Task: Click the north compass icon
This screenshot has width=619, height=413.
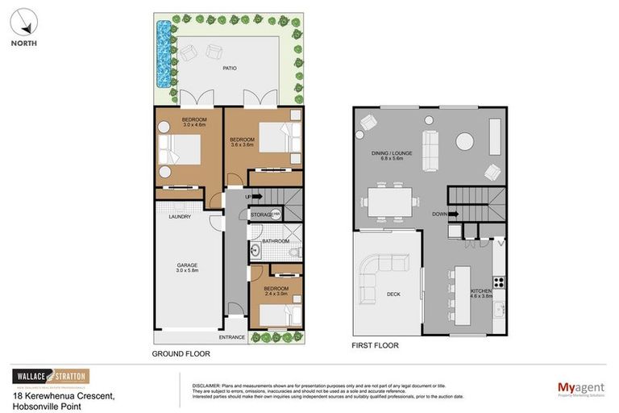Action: pyautogui.click(x=24, y=22)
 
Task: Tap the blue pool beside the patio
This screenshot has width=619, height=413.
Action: pyautogui.click(x=165, y=55)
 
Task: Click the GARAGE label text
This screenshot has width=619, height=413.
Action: pyautogui.click(x=187, y=265)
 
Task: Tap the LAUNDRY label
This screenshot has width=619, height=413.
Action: pyautogui.click(x=180, y=216)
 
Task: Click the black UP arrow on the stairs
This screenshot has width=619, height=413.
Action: pyautogui.click(x=257, y=196)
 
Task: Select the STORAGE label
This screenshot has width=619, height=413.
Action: pyautogui.click(x=262, y=215)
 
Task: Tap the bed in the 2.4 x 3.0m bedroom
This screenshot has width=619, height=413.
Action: pyautogui.click(x=280, y=307)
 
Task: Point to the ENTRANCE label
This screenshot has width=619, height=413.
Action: pyautogui.click(x=233, y=336)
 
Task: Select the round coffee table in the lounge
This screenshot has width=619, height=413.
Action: pyautogui.click(x=465, y=142)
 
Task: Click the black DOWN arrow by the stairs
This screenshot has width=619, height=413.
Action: pyautogui.click(x=454, y=214)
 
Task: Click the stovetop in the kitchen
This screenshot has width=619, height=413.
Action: pyautogui.click(x=499, y=282)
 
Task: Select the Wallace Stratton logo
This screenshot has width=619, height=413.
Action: pyautogui.click(x=51, y=377)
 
